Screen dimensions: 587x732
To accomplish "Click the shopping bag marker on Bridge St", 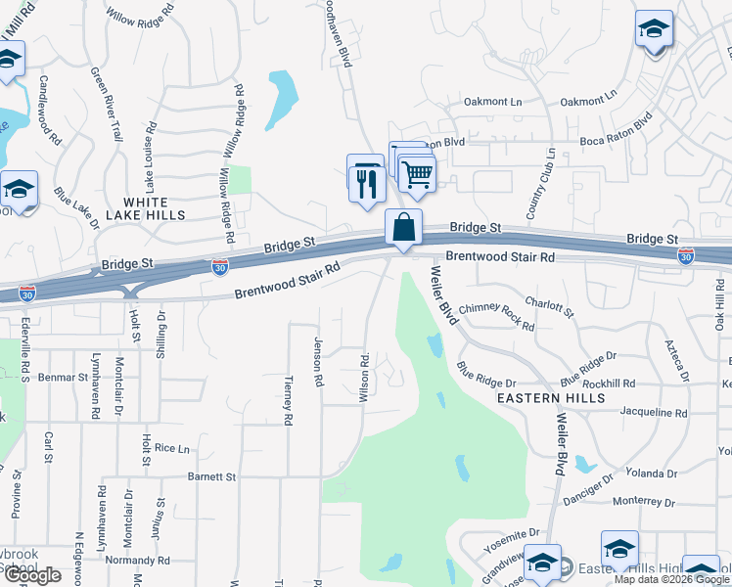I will coord(403,229).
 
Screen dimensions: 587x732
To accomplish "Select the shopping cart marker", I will coord(418,176).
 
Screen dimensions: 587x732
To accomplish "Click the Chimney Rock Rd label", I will coord(496,315).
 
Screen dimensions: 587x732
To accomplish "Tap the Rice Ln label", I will coord(171,448).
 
